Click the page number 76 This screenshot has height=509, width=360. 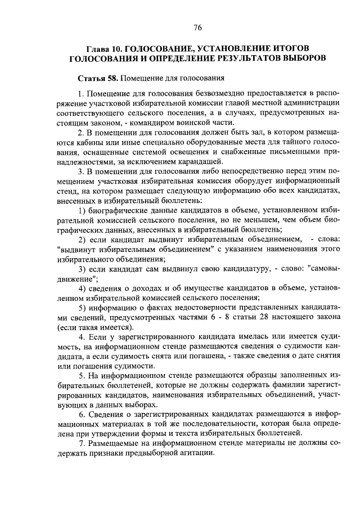coord(198,28)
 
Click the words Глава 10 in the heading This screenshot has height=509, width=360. coord(102,48)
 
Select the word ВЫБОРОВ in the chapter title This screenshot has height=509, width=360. coord(298,58)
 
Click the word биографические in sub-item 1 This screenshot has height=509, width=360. coord(119,210)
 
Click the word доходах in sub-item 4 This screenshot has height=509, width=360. coord(143,289)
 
